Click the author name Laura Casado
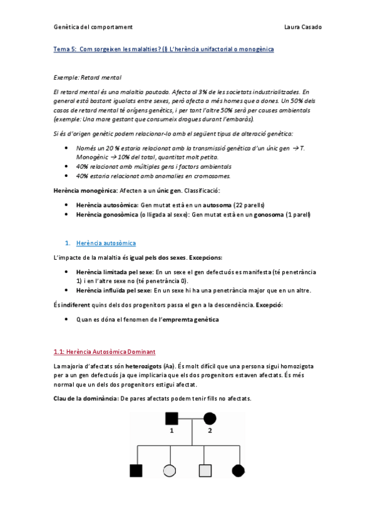[x=303, y=27]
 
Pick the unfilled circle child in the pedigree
[x=170, y=470]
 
